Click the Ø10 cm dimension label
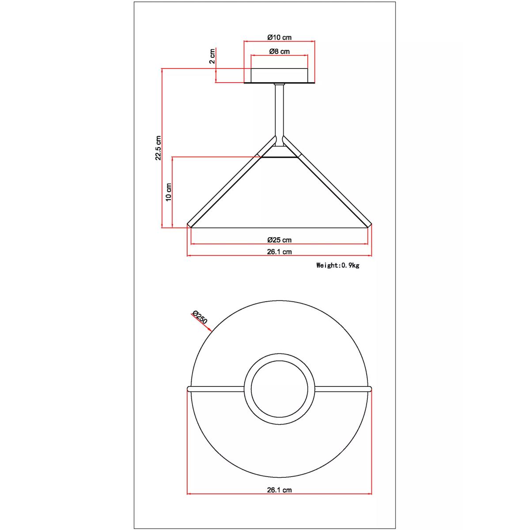[279, 37]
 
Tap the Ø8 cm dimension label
[279, 51]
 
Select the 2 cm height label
[212, 57]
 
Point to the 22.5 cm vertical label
[158, 148]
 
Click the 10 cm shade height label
[169, 192]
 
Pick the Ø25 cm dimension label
[279, 240]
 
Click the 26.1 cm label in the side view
[279, 252]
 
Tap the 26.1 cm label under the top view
[279, 490]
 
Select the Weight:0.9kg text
[338, 265]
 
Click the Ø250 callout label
[200, 317]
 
